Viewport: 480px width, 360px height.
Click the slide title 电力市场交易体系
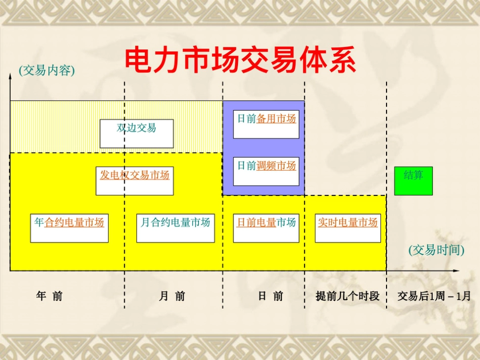[x=240, y=61]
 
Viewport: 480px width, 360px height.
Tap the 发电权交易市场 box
[x=134, y=181]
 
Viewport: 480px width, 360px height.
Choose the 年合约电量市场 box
[x=69, y=228]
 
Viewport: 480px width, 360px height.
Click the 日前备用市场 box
[x=266, y=124]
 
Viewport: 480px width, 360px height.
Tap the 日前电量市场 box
[x=266, y=228]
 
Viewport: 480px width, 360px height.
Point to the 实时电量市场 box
[x=348, y=228]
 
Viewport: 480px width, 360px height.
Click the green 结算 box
[x=413, y=180]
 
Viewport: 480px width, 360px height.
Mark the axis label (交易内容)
[x=46, y=71]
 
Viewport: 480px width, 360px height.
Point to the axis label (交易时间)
[x=436, y=250]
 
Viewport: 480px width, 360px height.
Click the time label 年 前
[x=50, y=296]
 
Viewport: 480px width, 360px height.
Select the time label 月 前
[x=172, y=296]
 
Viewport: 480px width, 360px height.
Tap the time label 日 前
[x=271, y=296]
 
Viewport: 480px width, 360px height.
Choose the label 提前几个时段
[x=348, y=296]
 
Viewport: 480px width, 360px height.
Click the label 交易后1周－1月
[x=434, y=296]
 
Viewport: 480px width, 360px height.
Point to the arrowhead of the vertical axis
[x=10, y=76]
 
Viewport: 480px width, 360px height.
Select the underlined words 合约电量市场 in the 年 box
[x=74, y=223]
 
